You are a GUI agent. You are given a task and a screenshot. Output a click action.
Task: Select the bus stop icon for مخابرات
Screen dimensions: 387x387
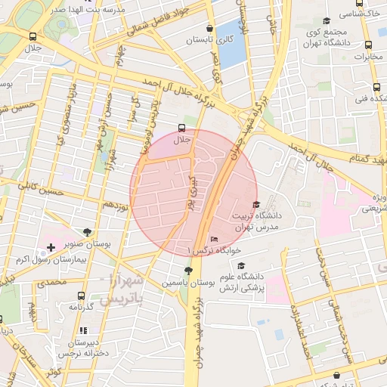pos(367,45)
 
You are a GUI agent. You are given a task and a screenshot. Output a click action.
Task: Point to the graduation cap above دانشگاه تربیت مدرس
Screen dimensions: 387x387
pos(255,204)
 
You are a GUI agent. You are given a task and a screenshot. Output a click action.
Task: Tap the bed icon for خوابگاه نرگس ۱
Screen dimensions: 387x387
pos(215,240)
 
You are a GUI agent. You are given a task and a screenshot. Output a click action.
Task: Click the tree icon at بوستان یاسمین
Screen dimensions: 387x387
pos(187,271)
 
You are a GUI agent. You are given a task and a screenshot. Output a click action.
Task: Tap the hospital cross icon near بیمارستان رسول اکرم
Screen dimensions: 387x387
pos(50,247)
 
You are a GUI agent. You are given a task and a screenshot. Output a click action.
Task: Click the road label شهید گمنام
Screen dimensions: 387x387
pos(364,156)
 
